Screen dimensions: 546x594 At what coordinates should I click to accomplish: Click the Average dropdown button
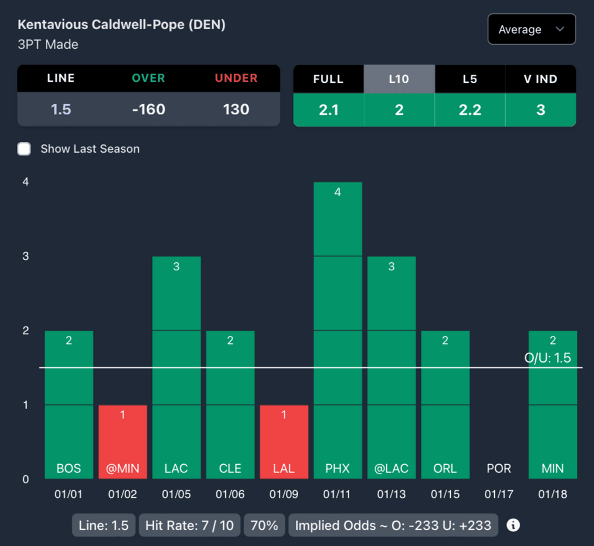531,30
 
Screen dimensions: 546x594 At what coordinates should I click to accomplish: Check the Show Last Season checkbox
24,149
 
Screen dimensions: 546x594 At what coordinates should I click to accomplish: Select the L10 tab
399,78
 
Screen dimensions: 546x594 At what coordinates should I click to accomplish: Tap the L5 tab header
470,78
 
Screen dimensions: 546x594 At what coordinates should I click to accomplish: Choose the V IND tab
541,78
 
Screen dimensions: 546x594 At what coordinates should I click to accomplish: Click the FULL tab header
328,78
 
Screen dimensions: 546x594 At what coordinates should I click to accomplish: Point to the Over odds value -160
148,109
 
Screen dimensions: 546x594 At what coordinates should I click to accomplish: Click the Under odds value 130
236,109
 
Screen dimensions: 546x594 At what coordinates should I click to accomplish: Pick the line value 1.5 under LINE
61,109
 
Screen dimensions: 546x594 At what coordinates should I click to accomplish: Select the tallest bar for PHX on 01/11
338,331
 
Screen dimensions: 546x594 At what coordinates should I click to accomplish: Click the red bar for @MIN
122,442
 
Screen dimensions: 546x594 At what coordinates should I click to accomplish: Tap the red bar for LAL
284,442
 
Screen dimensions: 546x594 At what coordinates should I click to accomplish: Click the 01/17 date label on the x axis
499,495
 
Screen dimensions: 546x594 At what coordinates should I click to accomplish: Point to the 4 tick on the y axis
26,182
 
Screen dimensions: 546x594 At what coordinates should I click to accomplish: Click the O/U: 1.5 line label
547,358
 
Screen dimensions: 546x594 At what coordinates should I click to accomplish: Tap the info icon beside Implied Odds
513,526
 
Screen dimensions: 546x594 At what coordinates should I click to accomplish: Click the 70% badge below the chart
264,526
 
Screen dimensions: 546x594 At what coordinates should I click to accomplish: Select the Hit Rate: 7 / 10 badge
189,526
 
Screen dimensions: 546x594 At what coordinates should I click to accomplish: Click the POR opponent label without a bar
499,469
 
